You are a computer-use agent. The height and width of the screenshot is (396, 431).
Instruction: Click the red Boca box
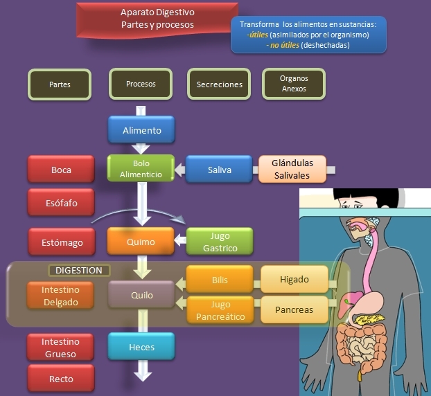click(x=61, y=170)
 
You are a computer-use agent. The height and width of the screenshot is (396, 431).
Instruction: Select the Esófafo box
click(x=61, y=204)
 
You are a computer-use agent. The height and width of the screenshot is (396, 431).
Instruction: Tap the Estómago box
click(x=61, y=242)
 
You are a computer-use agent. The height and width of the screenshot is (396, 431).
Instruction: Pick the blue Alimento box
click(x=141, y=130)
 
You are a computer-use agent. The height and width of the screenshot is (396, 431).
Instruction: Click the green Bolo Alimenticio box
click(x=141, y=169)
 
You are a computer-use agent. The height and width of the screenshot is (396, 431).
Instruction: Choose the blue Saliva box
click(x=219, y=170)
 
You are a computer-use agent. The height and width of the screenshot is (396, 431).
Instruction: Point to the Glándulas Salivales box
click(x=292, y=169)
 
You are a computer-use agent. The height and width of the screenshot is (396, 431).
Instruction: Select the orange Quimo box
click(x=141, y=242)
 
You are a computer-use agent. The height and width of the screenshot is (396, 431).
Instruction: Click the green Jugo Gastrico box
click(x=221, y=242)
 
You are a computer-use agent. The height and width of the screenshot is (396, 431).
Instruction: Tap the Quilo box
click(x=141, y=294)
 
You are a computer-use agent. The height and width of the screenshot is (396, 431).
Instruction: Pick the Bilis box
click(x=220, y=280)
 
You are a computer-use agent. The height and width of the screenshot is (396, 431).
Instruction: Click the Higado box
click(x=294, y=280)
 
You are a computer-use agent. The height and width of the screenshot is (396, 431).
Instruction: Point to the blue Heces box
click(x=141, y=347)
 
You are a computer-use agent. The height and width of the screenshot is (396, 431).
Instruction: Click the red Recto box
click(x=61, y=379)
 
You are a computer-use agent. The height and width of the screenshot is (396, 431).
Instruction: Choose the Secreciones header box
click(x=219, y=84)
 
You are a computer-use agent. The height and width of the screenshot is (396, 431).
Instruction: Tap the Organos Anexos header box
click(x=294, y=84)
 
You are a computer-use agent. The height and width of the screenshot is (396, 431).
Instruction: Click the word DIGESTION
click(x=78, y=270)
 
